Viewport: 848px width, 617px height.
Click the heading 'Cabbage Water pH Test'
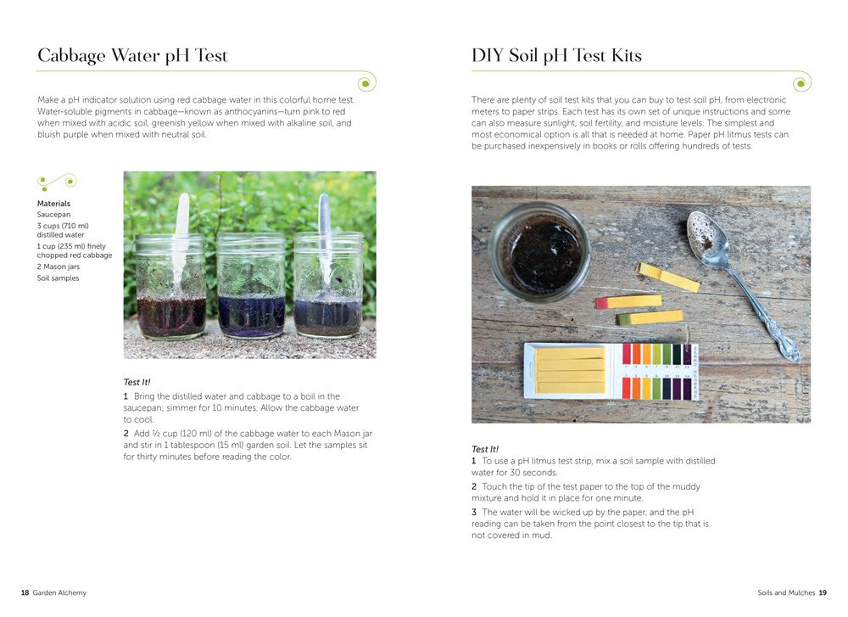click(x=132, y=56)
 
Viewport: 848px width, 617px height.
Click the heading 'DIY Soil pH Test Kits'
click(x=556, y=56)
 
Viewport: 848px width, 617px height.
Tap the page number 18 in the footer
click(x=25, y=592)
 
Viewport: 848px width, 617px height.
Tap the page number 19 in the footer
click(x=822, y=592)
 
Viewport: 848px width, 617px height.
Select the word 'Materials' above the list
click(x=53, y=204)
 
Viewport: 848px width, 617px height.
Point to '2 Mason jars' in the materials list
click(x=59, y=266)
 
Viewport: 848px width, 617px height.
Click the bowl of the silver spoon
click(x=705, y=236)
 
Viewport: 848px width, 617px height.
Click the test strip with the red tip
click(x=628, y=301)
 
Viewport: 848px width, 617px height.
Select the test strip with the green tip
click(x=650, y=317)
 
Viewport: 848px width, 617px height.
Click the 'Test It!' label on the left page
click(x=137, y=383)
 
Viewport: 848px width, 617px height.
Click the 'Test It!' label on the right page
click(x=485, y=449)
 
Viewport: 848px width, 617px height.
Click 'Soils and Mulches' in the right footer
click(x=786, y=592)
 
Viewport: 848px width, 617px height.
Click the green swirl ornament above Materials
click(x=57, y=181)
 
